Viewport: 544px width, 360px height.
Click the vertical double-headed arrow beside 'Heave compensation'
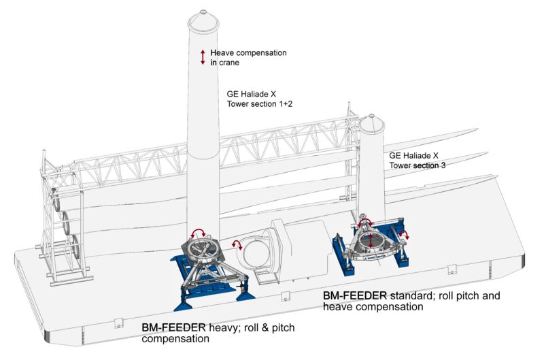coord(202,57)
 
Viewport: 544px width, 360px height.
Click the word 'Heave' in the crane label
coord(224,52)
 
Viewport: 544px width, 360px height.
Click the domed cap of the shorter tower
coord(372,123)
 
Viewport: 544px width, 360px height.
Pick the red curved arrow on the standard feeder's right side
coord(403,235)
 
